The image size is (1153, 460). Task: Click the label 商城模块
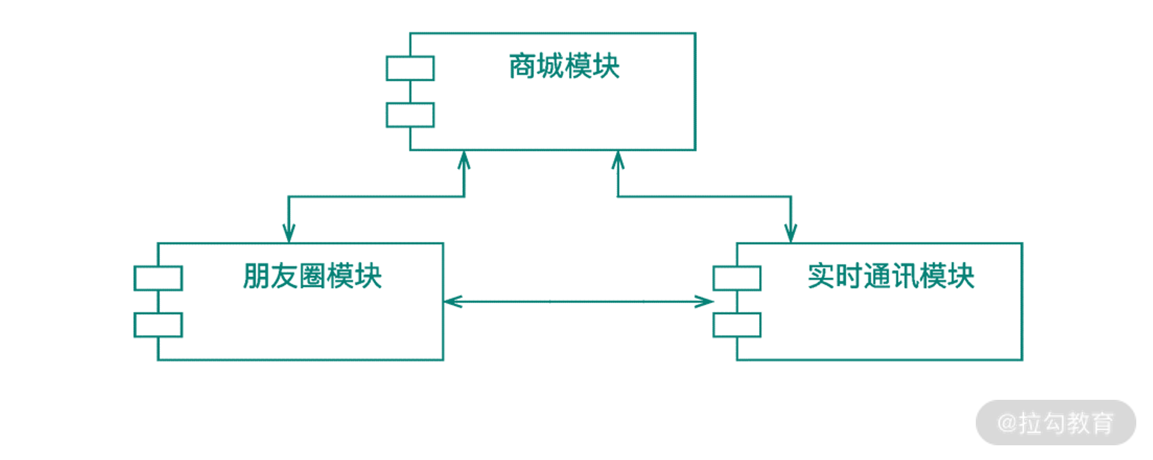(x=564, y=66)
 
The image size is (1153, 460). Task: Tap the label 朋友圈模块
(x=312, y=276)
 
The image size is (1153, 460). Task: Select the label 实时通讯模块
(x=890, y=276)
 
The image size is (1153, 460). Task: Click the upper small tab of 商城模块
(x=410, y=68)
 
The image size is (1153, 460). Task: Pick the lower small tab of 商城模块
(x=410, y=115)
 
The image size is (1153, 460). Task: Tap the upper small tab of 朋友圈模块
(x=158, y=278)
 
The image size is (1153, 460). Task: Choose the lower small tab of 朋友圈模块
(x=158, y=325)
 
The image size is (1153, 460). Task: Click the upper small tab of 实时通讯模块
(x=736, y=278)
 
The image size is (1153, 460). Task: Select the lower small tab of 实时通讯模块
(x=736, y=325)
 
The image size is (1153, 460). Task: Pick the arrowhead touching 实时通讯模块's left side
(x=704, y=302)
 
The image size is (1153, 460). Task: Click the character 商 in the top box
(x=522, y=66)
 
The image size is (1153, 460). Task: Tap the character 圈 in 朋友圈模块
(x=312, y=276)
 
